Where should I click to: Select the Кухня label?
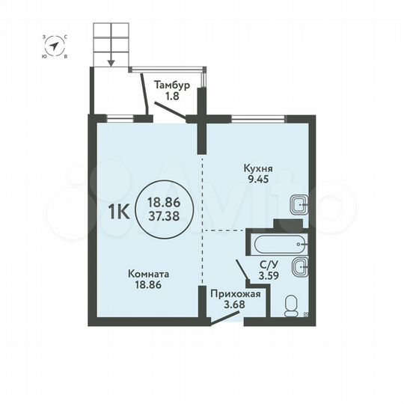click(256, 168)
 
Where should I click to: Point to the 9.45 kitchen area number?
click(256, 180)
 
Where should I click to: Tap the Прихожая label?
click(235, 293)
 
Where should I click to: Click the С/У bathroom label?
click(266, 263)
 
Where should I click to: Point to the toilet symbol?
click(292, 304)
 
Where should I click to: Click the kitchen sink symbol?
click(299, 203)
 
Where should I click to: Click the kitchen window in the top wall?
click(258, 117)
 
